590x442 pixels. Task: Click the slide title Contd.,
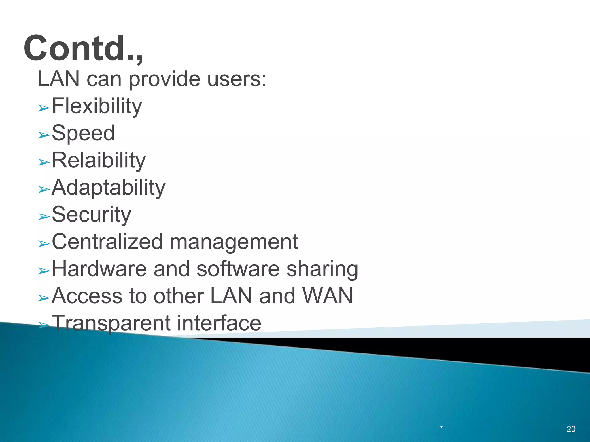(84, 48)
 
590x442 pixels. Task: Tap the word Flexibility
(97, 106)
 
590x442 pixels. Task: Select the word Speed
(83, 133)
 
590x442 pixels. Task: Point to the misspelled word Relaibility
(99, 160)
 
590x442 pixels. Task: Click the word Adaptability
(108, 187)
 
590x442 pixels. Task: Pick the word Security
(91, 214)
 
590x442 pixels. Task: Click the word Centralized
(107, 241)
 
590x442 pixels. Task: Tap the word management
(234, 241)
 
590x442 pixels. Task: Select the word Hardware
(99, 269)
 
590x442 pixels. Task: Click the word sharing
(322, 269)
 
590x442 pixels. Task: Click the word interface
(219, 323)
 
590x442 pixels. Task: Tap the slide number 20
(571, 429)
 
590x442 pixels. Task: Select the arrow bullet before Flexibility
(44, 108)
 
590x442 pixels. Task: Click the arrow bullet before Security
(44, 217)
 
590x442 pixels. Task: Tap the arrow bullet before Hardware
(44, 271)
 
